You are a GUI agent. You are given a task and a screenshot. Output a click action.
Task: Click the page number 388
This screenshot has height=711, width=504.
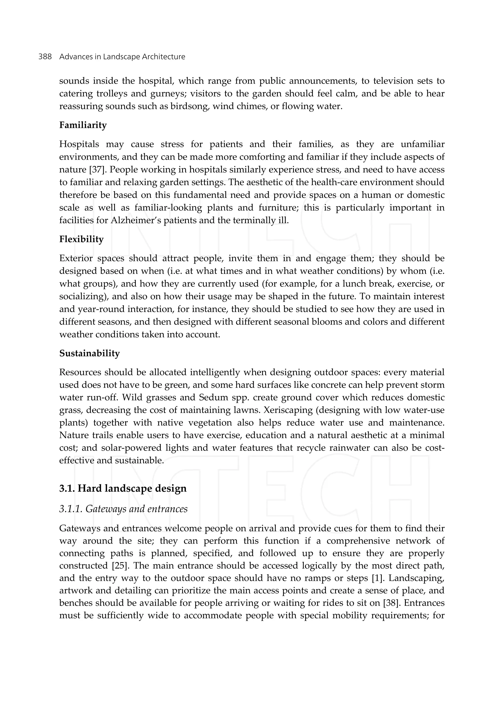pyautogui.click(x=45, y=57)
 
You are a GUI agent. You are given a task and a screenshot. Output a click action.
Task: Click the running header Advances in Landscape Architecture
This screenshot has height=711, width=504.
pyautogui.click(x=122, y=57)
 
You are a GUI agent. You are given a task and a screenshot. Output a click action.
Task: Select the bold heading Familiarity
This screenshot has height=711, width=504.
pyautogui.click(x=83, y=125)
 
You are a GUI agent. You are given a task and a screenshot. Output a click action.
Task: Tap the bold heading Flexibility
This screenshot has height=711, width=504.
pyautogui.click(x=81, y=239)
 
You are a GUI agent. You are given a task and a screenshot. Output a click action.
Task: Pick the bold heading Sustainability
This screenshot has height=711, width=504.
pyautogui.click(x=89, y=353)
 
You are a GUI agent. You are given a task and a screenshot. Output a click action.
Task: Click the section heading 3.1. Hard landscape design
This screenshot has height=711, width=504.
pyautogui.click(x=123, y=488)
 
